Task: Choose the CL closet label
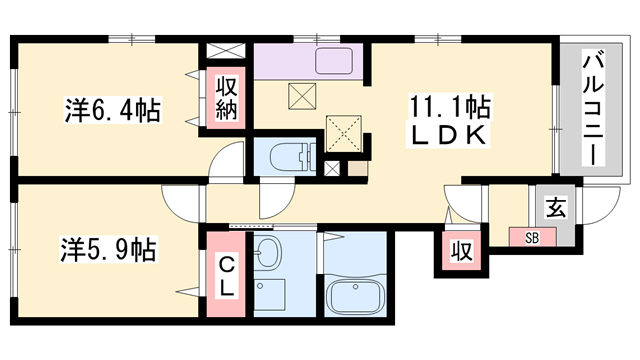pos(227,274)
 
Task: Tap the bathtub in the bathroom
pos(354,297)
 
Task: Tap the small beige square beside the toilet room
pos(355,167)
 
